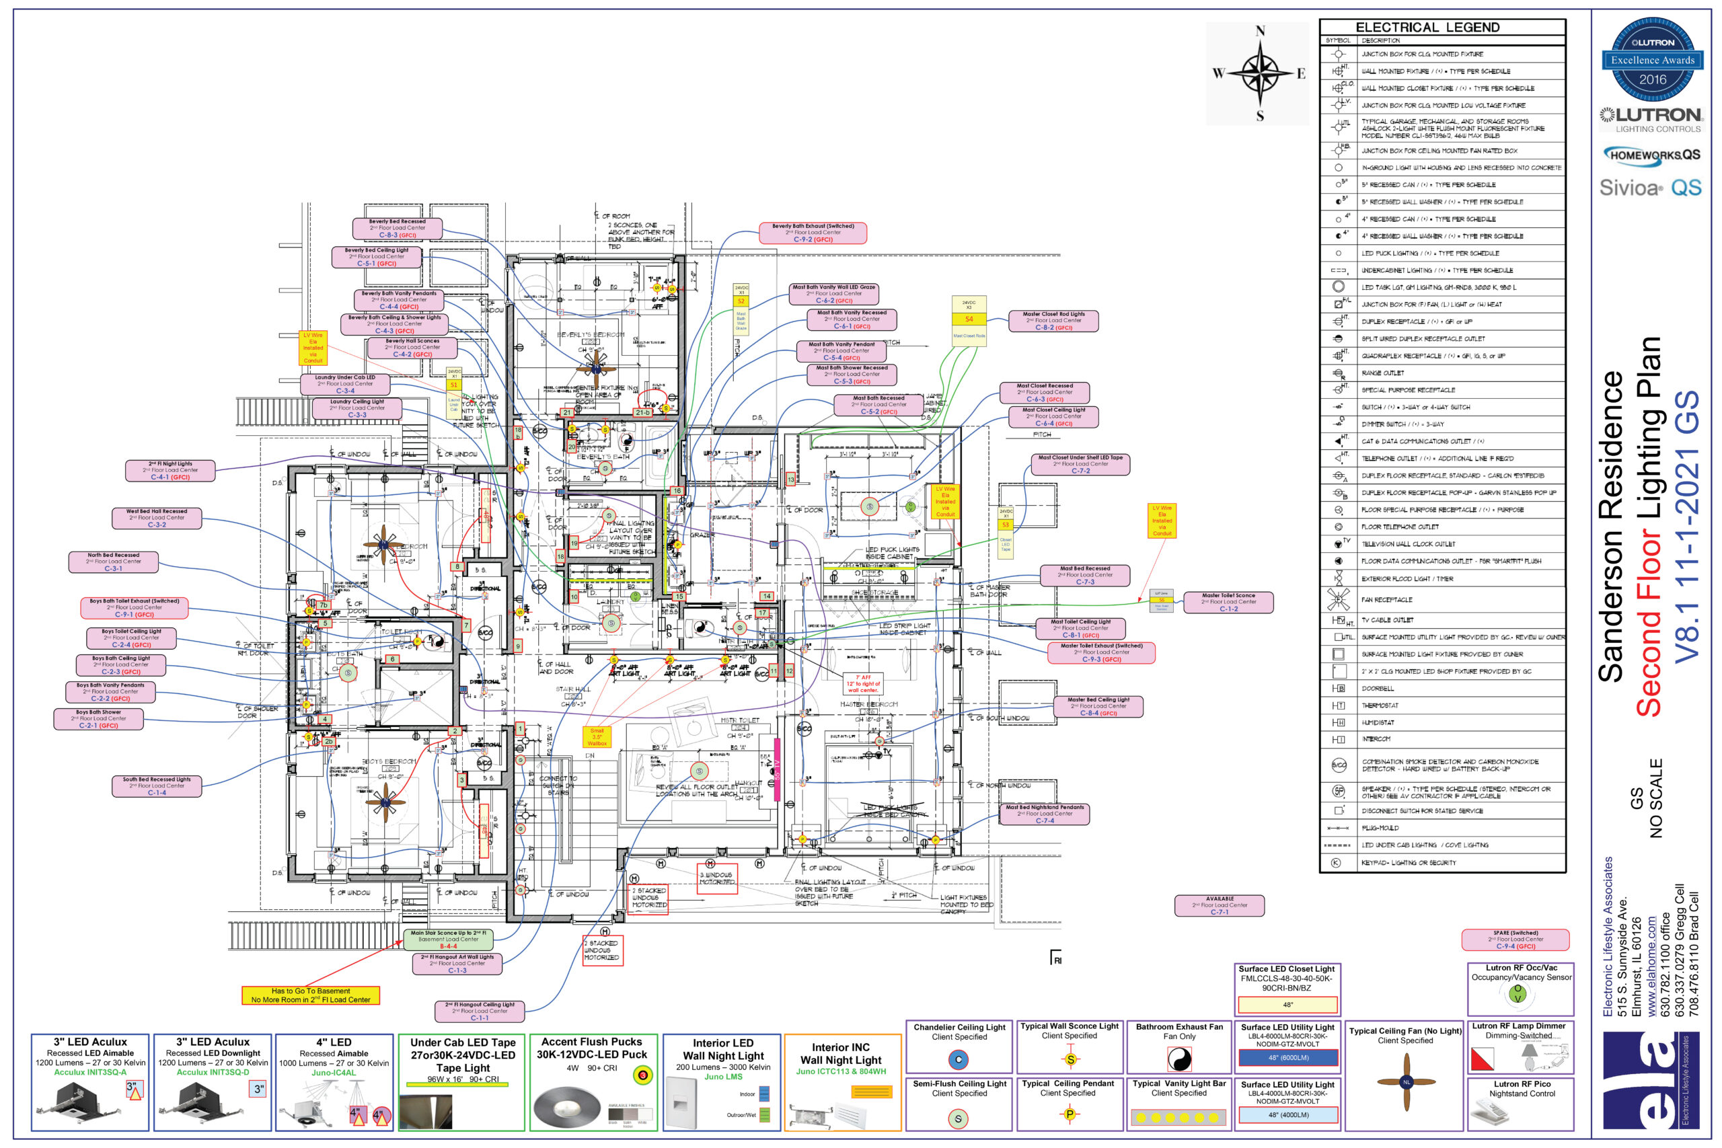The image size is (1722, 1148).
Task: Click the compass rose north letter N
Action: (x=1260, y=31)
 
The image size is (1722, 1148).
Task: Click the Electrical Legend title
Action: (x=1427, y=27)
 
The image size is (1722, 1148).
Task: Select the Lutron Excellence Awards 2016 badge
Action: (x=1652, y=60)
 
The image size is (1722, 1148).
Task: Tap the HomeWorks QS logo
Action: (x=1652, y=155)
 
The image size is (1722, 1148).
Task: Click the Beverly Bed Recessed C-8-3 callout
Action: (x=397, y=229)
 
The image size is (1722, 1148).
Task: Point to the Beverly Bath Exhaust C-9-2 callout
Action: (x=813, y=233)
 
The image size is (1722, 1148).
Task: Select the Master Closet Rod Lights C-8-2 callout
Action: (x=1053, y=321)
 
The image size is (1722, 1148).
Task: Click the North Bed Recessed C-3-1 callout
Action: (x=114, y=562)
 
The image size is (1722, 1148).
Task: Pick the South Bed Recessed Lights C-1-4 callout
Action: (x=157, y=786)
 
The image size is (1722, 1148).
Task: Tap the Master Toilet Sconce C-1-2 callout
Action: (x=1228, y=602)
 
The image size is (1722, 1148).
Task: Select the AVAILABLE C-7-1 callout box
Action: (x=1219, y=905)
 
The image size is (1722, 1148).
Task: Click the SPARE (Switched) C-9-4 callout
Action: (x=1515, y=940)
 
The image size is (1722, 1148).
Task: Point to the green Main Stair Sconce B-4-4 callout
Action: (x=448, y=940)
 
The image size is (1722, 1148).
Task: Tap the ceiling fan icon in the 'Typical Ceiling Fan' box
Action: (x=1406, y=1081)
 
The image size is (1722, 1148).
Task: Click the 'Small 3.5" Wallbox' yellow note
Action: (x=597, y=736)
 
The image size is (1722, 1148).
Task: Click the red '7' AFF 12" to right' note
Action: (x=862, y=684)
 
